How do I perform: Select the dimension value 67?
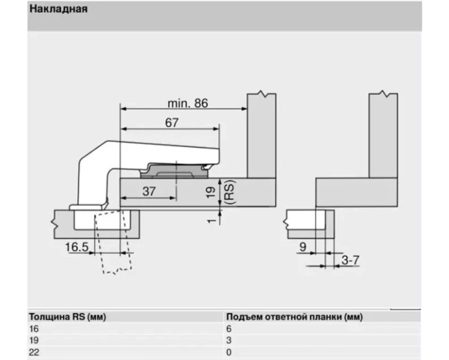(x=171, y=122)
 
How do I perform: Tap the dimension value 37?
(x=149, y=191)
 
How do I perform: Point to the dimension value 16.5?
(x=77, y=246)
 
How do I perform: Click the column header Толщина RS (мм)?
(x=67, y=317)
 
